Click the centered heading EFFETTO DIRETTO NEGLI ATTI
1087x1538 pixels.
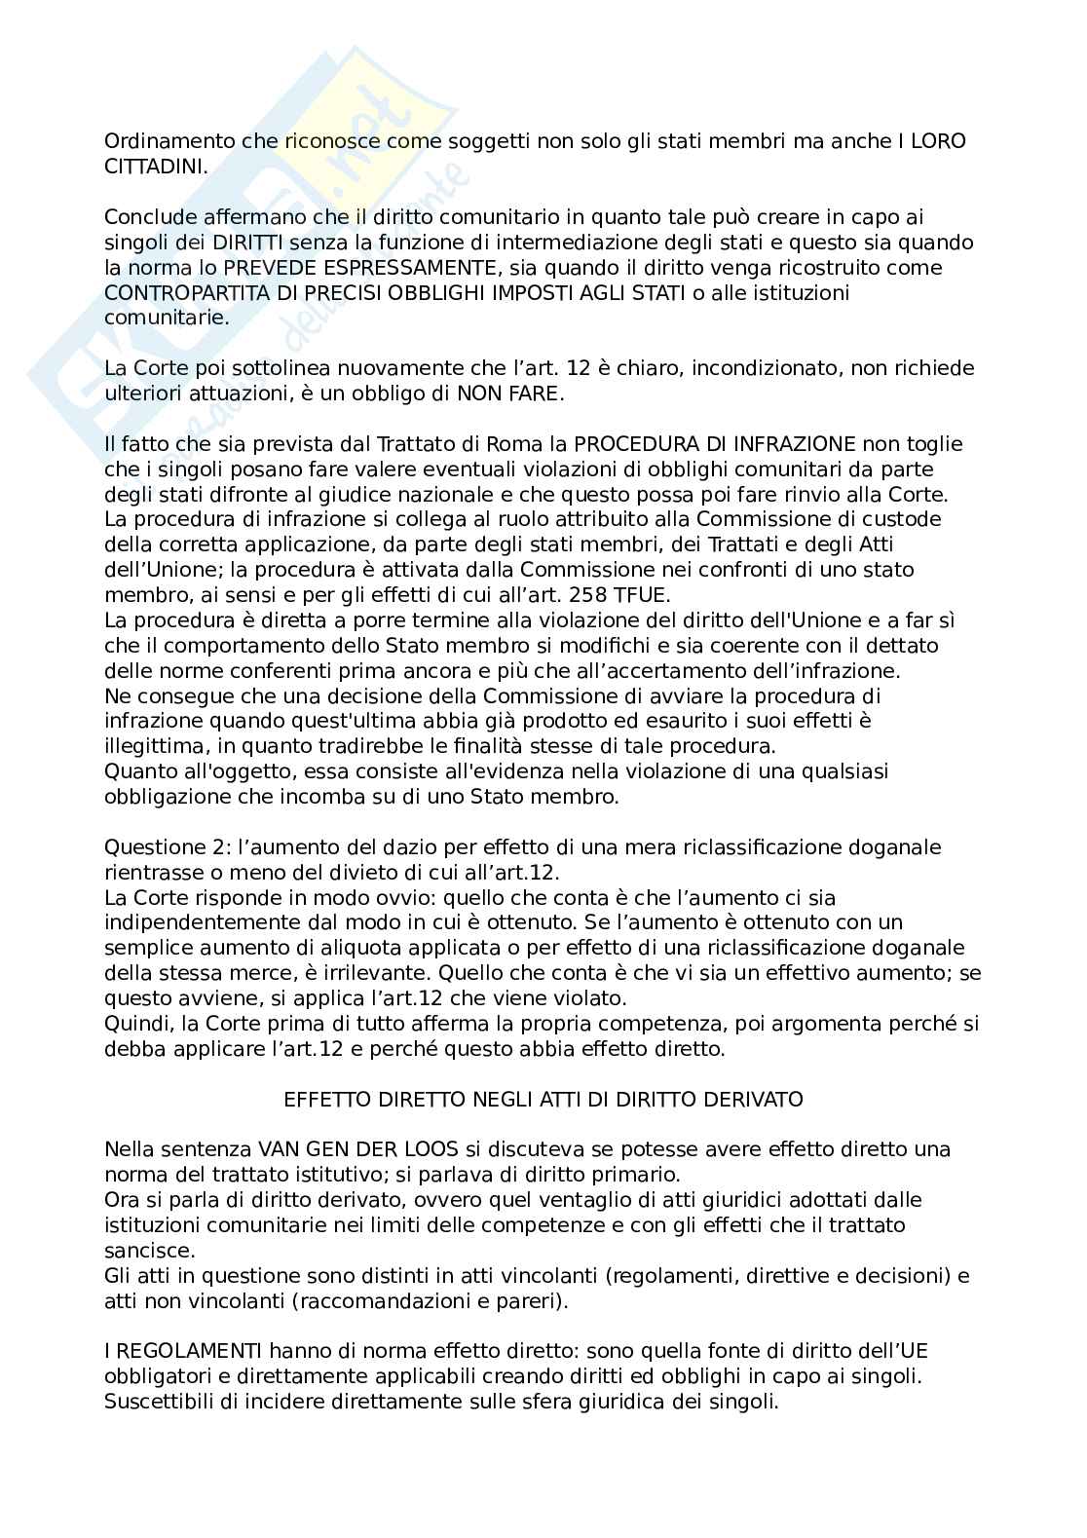pyautogui.click(x=543, y=1099)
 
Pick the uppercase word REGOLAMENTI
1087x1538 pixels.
pyautogui.click(x=179, y=1351)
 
